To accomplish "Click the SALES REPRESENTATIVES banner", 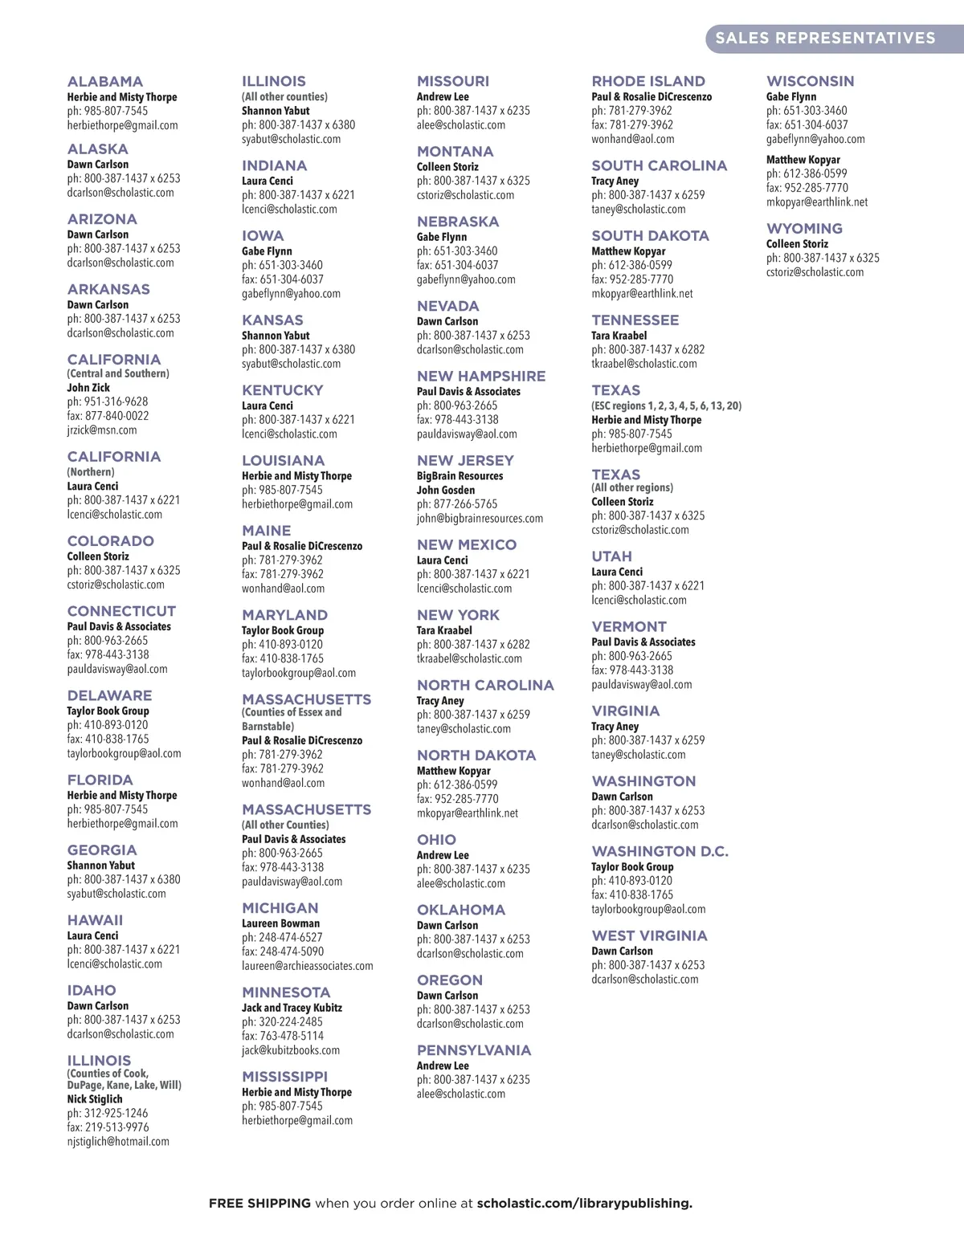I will [825, 38].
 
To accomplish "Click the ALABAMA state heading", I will [105, 82].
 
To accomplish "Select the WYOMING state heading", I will [804, 229].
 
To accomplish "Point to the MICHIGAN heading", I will [280, 908].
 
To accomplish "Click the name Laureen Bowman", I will [280, 923].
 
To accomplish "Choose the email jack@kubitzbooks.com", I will [291, 1050].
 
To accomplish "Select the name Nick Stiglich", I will [95, 1099].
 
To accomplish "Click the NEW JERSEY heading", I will [465, 461].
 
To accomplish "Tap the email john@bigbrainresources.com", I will [480, 519].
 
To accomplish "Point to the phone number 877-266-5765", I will [465, 504].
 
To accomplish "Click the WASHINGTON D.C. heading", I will [660, 852].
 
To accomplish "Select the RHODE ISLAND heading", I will [648, 82].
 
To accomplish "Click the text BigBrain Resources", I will [460, 476].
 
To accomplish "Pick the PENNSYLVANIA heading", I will [474, 1051].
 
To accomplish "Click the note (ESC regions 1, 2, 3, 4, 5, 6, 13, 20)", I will [667, 406].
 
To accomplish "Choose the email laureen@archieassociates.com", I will [308, 966].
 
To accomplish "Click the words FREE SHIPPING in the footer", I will [259, 1204].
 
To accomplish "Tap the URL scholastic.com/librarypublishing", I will [584, 1204].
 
